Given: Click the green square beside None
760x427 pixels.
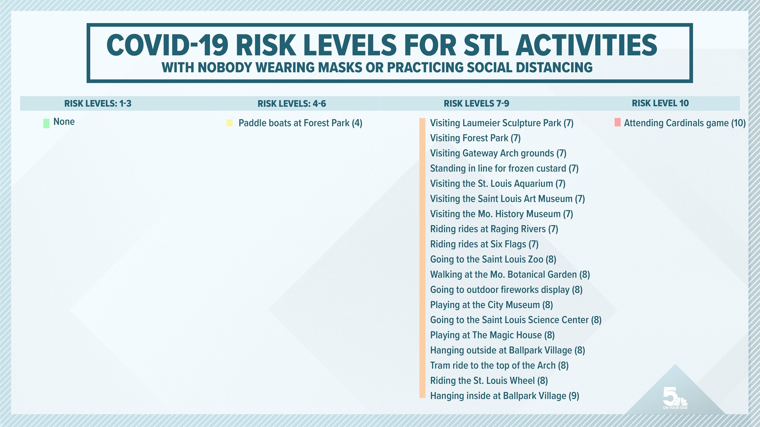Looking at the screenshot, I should coord(46,123).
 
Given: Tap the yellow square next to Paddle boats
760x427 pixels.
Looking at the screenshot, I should coord(230,123).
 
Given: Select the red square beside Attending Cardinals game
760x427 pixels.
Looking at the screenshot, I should coord(617,123).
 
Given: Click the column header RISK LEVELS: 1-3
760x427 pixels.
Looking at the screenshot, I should coord(98,104).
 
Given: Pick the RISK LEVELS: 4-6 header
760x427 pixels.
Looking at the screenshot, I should coord(292,104).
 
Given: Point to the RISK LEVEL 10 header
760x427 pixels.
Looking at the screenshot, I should coord(660,103).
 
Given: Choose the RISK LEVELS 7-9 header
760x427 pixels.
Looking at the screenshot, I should coord(476,104).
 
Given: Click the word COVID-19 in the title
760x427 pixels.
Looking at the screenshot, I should coord(167,45).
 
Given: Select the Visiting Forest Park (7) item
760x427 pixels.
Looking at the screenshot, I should coord(475,138).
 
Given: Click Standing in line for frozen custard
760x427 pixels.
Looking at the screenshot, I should coord(504,168).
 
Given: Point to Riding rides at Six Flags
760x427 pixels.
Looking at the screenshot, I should coord(484,244).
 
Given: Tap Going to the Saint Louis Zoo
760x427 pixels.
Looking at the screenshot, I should coord(493,259).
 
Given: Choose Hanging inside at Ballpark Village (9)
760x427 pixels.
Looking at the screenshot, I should coord(504,396).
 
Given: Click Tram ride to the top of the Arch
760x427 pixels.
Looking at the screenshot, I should coord(499,365).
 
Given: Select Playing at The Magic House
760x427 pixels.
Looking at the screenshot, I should coord(492,335).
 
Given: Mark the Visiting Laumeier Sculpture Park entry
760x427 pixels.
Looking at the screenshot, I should coord(502,123).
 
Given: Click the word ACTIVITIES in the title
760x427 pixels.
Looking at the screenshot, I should coord(586,45).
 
